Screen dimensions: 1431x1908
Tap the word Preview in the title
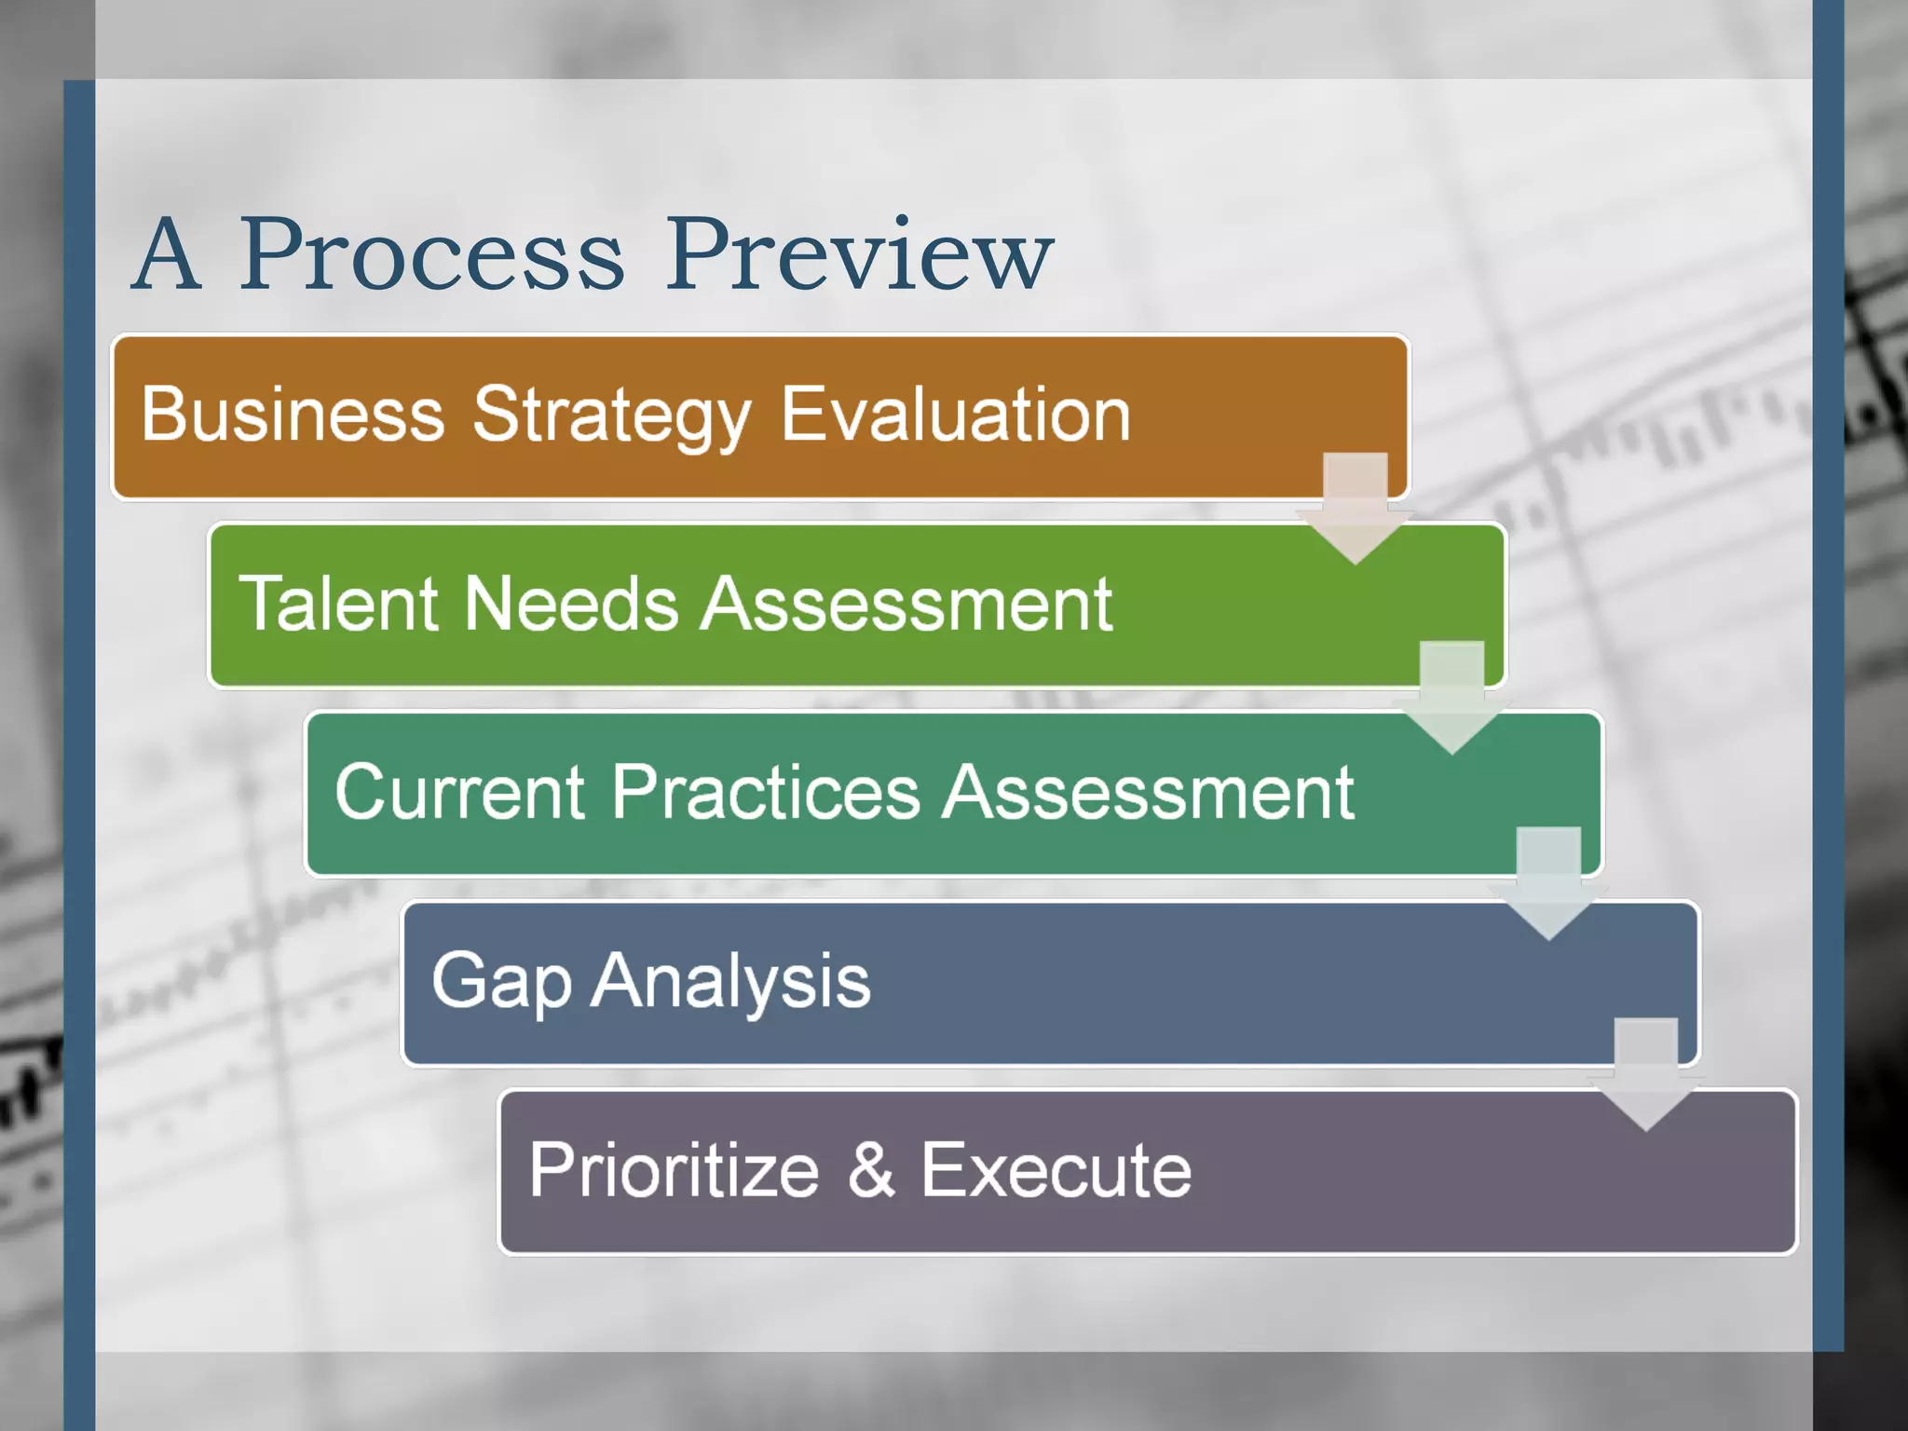coord(859,255)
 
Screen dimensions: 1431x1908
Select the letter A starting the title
coord(168,255)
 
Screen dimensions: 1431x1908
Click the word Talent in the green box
coord(336,604)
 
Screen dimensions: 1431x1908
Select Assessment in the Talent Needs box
coord(906,604)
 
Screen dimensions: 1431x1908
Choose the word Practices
coord(766,792)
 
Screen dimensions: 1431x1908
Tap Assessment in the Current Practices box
coord(1148,792)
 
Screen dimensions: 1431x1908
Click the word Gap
coord(501,981)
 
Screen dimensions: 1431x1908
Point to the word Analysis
coord(731,981)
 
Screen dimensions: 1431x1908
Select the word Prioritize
coord(674,1170)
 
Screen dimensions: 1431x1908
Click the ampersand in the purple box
coord(871,1170)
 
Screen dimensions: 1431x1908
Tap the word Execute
coord(1056,1170)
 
